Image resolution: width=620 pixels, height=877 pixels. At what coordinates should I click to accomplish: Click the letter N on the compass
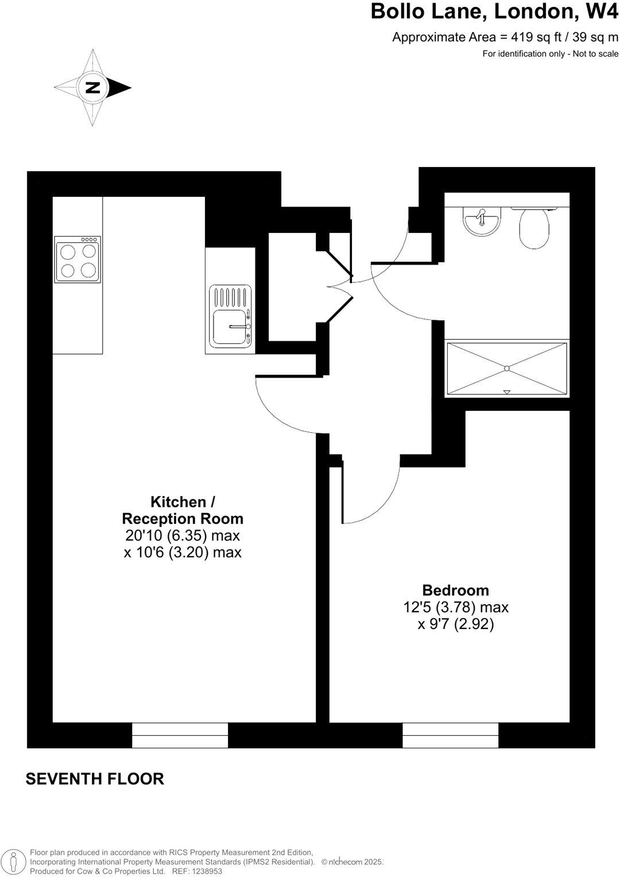(92, 88)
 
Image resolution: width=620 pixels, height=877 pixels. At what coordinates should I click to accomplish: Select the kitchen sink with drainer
(231, 316)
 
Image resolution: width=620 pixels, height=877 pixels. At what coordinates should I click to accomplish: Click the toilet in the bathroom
(534, 228)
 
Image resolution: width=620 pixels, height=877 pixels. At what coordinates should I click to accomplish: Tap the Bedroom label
(455, 590)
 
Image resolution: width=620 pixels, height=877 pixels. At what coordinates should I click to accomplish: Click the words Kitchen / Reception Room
(183, 510)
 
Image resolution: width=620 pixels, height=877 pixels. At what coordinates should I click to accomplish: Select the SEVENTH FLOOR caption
(95, 779)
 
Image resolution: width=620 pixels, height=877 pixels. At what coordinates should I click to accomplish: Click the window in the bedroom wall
(451, 736)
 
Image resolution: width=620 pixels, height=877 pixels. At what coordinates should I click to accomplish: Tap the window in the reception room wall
(180, 736)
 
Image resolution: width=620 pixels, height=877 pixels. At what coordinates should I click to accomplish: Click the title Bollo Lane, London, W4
(494, 11)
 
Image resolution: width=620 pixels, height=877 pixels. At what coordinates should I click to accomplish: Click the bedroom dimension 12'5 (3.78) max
(456, 607)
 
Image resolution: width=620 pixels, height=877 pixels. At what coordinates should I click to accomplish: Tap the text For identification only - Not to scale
(550, 54)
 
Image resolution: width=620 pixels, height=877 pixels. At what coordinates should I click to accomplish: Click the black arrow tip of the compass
(124, 88)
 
